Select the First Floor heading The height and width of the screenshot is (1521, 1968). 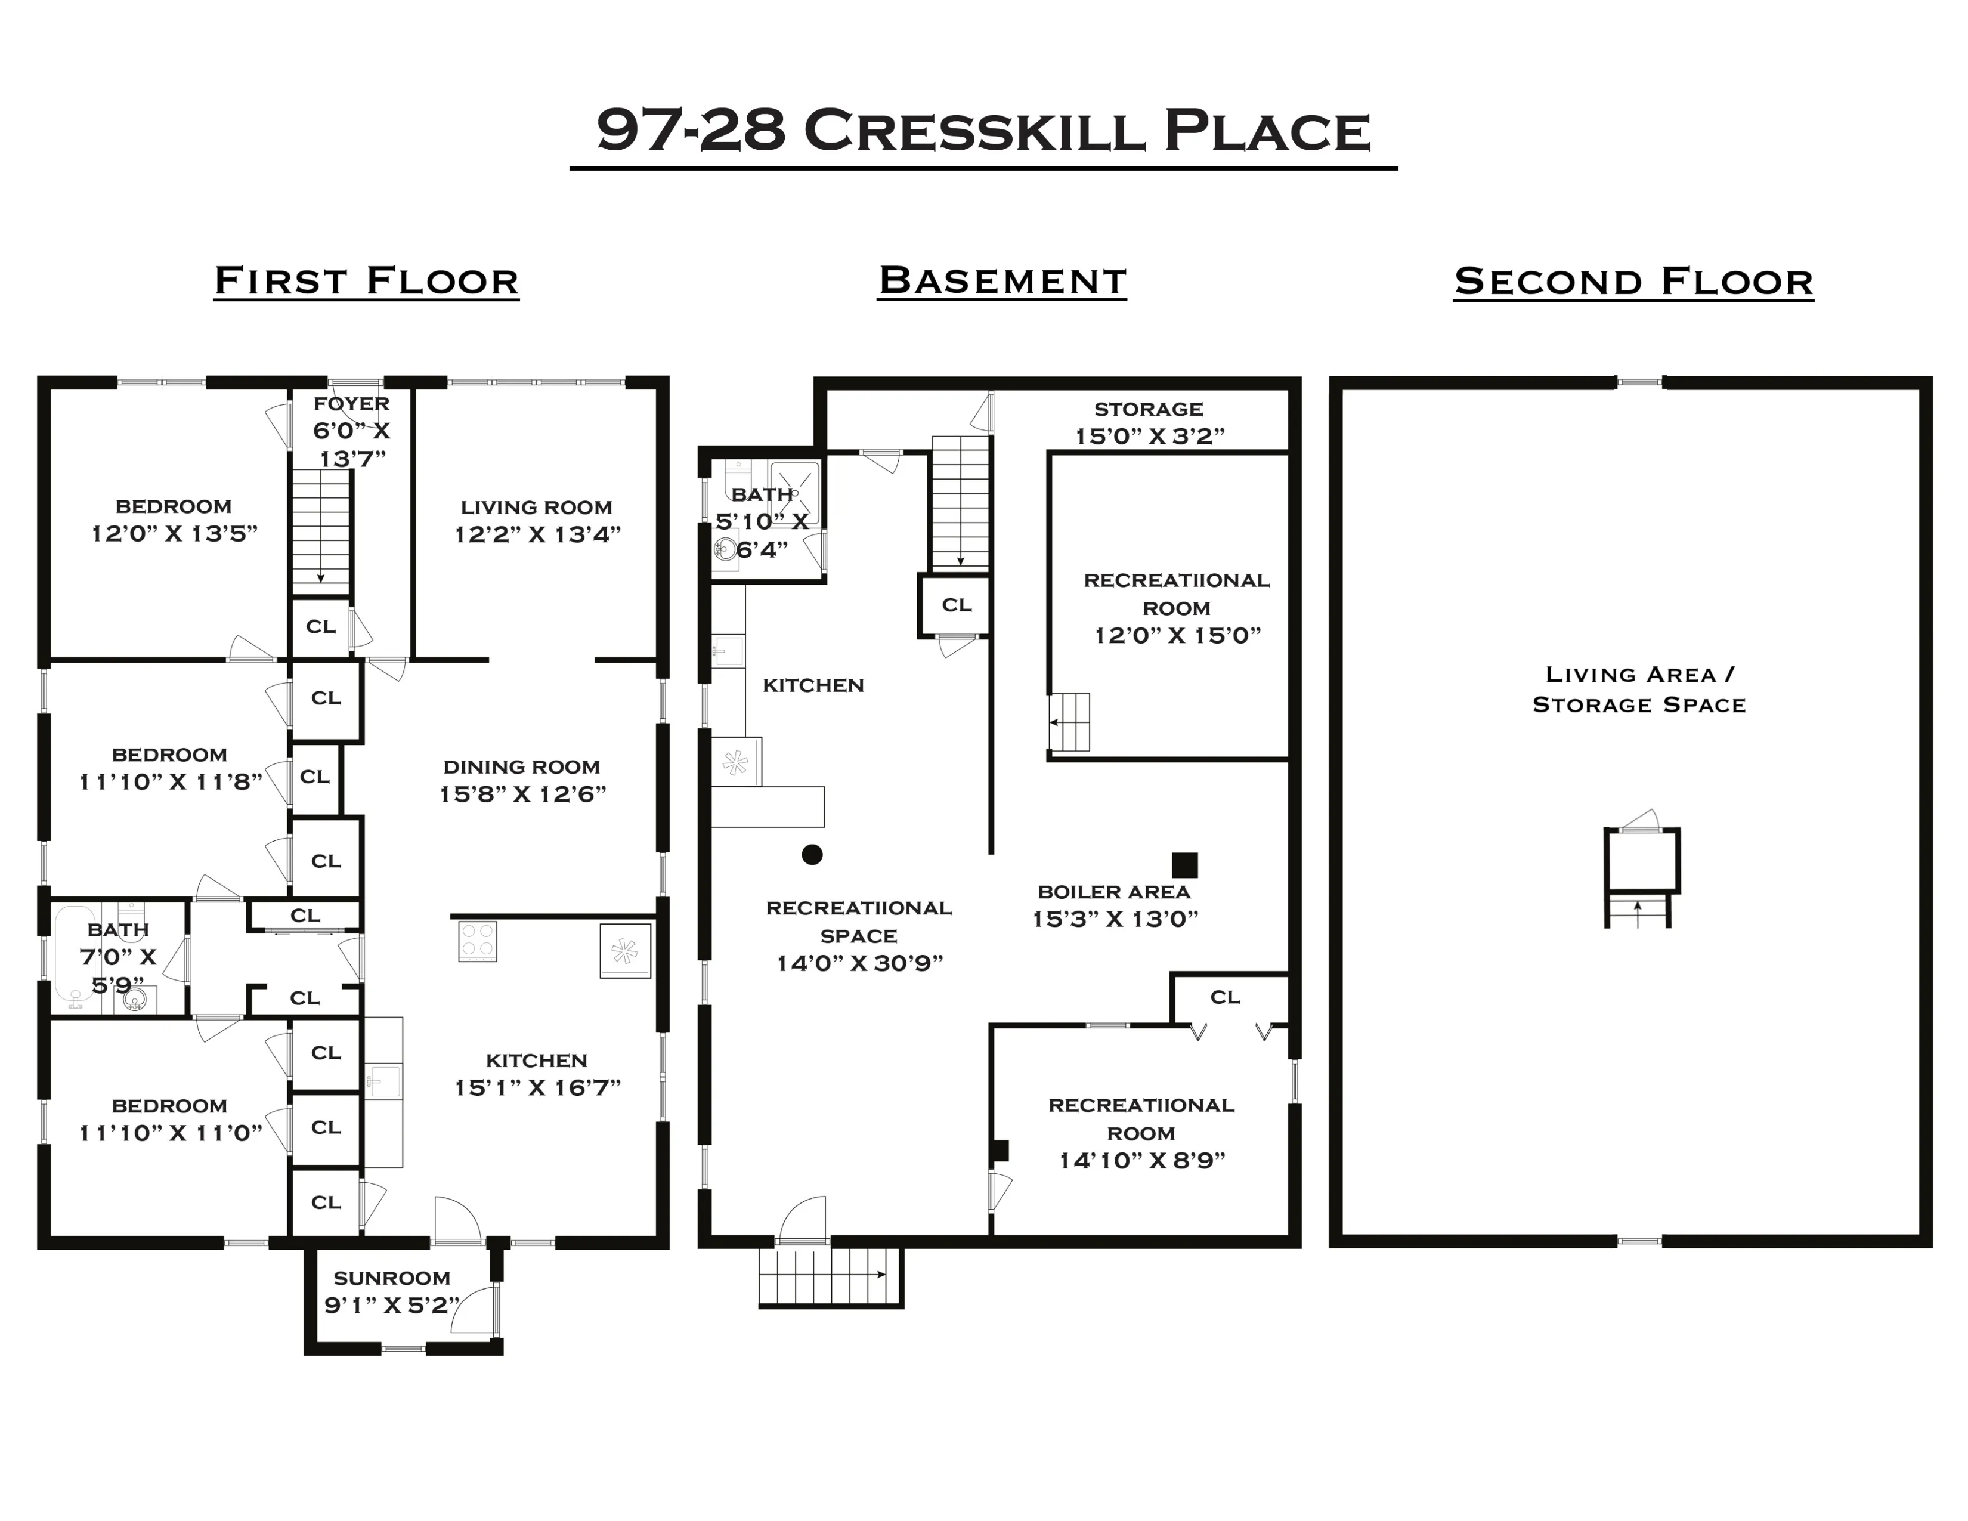pyautogui.click(x=367, y=281)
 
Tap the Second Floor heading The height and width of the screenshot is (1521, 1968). pyautogui.click(x=1633, y=281)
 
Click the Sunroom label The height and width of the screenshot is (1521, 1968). pyautogui.click(x=392, y=1278)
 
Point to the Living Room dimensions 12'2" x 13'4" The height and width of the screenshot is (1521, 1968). pyautogui.click(x=537, y=534)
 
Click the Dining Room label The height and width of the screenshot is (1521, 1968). pyautogui.click(x=522, y=767)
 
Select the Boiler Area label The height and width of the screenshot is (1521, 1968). pyautogui.click(x=1114, y=892)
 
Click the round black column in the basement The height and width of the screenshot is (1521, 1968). pyautogui.click(x=812, y=854)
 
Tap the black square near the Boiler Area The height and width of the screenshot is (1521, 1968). pyautogui.click(x=1184, y=865)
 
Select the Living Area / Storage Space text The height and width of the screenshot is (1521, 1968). pyautogui.click(x=1639, y=690)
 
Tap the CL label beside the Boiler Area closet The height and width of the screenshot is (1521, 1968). pyautogui.click(x=1224, y=997)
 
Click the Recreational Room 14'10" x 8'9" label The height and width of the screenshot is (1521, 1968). pyautogui.click(x=1141, y=1133)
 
